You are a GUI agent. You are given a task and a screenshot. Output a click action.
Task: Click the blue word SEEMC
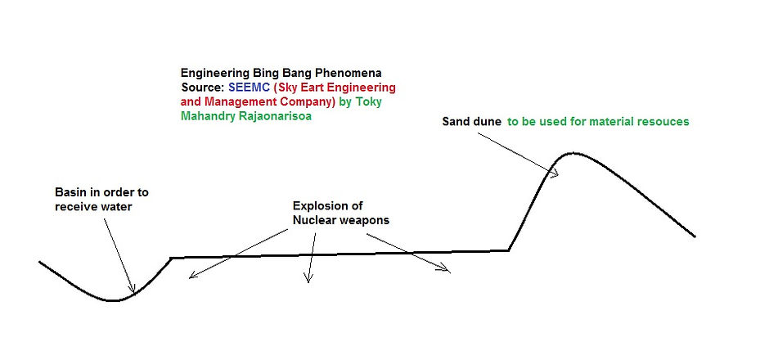pyautogui.click(x=250, y=88)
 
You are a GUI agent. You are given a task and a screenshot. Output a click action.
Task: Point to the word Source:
pyautogui.click(x=203, y=88)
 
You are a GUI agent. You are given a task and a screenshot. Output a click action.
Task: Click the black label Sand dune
pyautogui.click(x=471, y=122)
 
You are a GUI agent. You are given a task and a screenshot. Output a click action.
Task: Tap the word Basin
pyautogui.click(x=69, y=192)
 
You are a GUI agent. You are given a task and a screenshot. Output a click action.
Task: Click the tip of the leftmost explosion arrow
pyautogui.click(x=189, y=278)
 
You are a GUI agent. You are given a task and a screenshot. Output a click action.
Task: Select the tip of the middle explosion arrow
pyautogui.click(x=308, y=283)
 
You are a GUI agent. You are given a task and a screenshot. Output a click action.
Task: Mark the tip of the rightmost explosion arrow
pyautogui.click(x=450, y=271)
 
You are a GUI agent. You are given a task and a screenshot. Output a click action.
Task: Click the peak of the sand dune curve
pyautogui.click(x=573, y=154)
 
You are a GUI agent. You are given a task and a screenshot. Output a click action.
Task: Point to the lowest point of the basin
pyautogui.click(x=114, y=300)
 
